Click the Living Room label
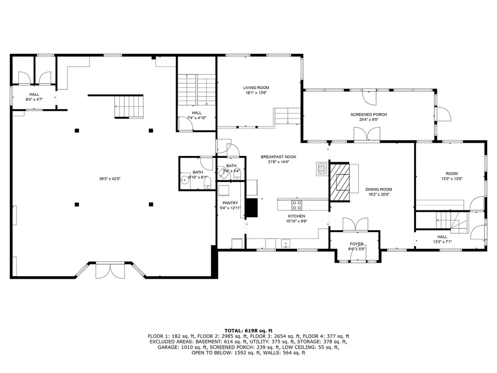256,88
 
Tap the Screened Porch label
368,115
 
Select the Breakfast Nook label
278,157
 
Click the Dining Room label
379,189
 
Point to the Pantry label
230,203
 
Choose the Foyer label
357,244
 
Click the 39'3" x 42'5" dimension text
110,179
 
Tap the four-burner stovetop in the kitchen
297,204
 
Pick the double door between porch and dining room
366,134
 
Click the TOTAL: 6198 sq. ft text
248,330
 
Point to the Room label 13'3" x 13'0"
451,174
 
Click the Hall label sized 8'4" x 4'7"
34,95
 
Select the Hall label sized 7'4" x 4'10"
196,113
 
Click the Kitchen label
296,216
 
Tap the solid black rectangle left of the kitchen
251,207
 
